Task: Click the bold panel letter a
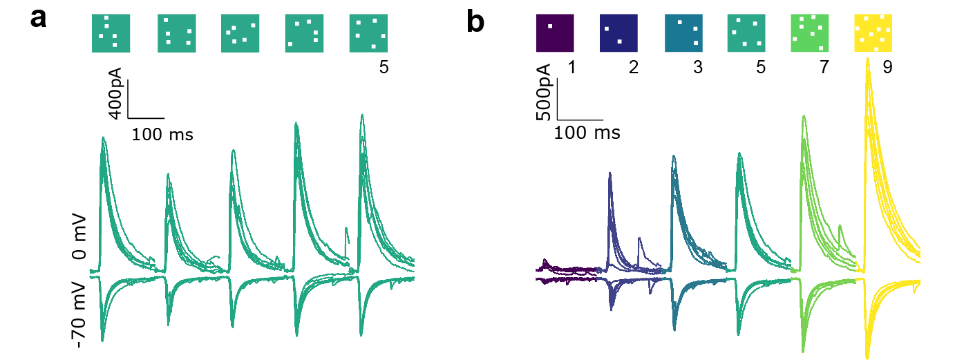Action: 38,19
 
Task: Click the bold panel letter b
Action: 476,22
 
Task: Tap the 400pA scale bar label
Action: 116,93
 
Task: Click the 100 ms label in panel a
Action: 162,134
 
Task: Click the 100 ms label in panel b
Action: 587,132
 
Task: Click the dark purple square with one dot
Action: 555,32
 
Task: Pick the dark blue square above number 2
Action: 618,32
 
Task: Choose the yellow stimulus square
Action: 873,32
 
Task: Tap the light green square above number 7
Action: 810,32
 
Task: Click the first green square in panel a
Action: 111,33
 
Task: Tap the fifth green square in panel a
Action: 368,33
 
